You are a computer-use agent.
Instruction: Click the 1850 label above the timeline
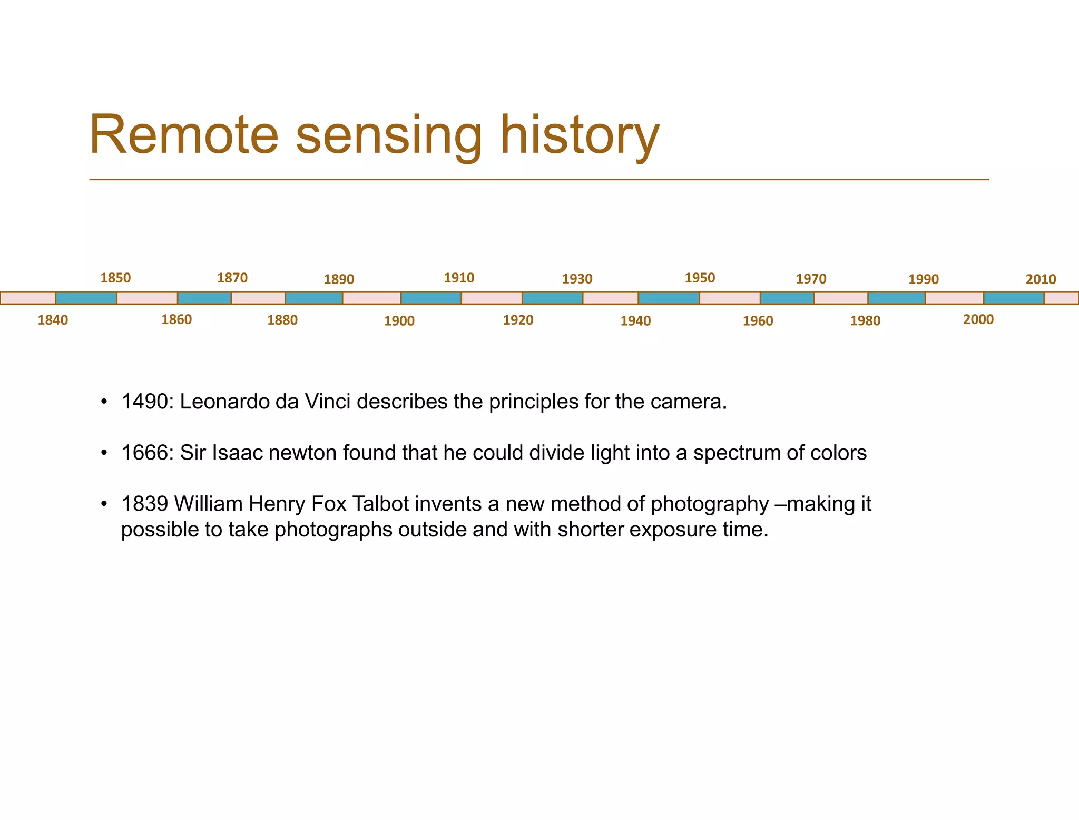[x=115, y=278]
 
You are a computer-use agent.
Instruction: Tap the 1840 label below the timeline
[x=53, y=320]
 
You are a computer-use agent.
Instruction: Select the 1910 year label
[x=459, y=278]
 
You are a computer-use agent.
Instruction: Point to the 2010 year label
[x=1041, y=279]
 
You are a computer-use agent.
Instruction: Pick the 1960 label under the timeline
[x=758, y=321]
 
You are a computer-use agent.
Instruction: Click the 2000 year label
[x=978, y=319]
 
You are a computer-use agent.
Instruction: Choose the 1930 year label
[x=577, y=279]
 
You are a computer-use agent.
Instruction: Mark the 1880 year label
[x=282, y=320]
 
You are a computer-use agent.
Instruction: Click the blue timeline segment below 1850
[x=86, y=298]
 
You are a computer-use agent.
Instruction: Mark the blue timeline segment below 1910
[x=431, y=298]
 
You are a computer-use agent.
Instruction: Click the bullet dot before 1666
[x=104, y=453]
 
